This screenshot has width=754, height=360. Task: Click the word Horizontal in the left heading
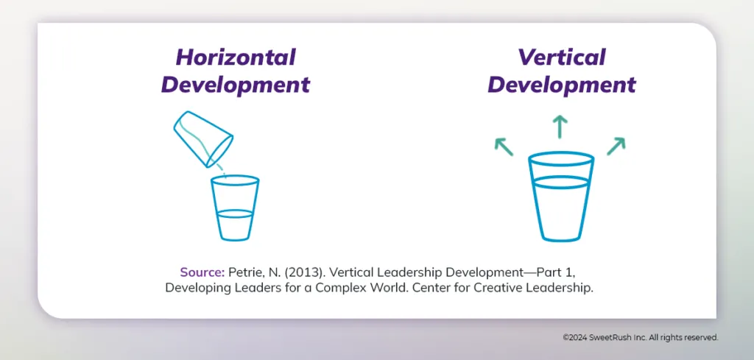tap(236, 57)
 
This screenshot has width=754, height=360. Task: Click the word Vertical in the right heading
tap(561, 57)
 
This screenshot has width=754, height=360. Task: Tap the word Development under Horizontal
tap(236, 84)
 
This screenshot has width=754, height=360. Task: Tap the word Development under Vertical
tap(561, 84)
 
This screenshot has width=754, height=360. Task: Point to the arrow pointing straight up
tap(561, 127)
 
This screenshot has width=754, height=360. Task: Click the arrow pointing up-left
tap(504, 146)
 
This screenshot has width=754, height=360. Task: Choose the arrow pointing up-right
tap(616, 146)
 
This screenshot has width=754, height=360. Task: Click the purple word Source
tap(202, 272)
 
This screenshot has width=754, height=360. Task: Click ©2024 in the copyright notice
tap(575, 337)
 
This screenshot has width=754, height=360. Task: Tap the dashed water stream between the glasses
tap(222, 169)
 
